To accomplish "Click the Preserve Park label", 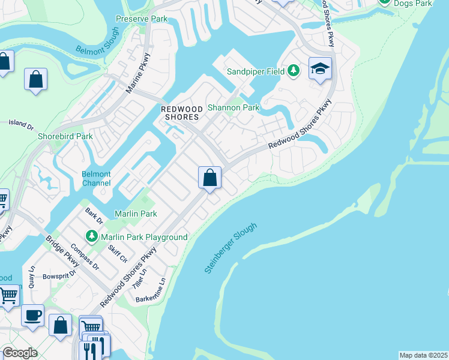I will point(142,19).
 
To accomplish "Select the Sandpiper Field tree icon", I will point(294,71).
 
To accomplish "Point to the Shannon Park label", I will point(234,108).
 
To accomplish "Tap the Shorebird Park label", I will point(65,136).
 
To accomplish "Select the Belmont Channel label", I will point(96,178).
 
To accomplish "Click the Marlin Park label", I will point(136,214).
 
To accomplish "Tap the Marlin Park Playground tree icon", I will point(92,237).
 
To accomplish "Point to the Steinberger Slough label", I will point(231,248).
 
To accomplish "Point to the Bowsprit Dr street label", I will point(59,275).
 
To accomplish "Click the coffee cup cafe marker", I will point(32,314).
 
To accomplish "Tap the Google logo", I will point(20,353).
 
